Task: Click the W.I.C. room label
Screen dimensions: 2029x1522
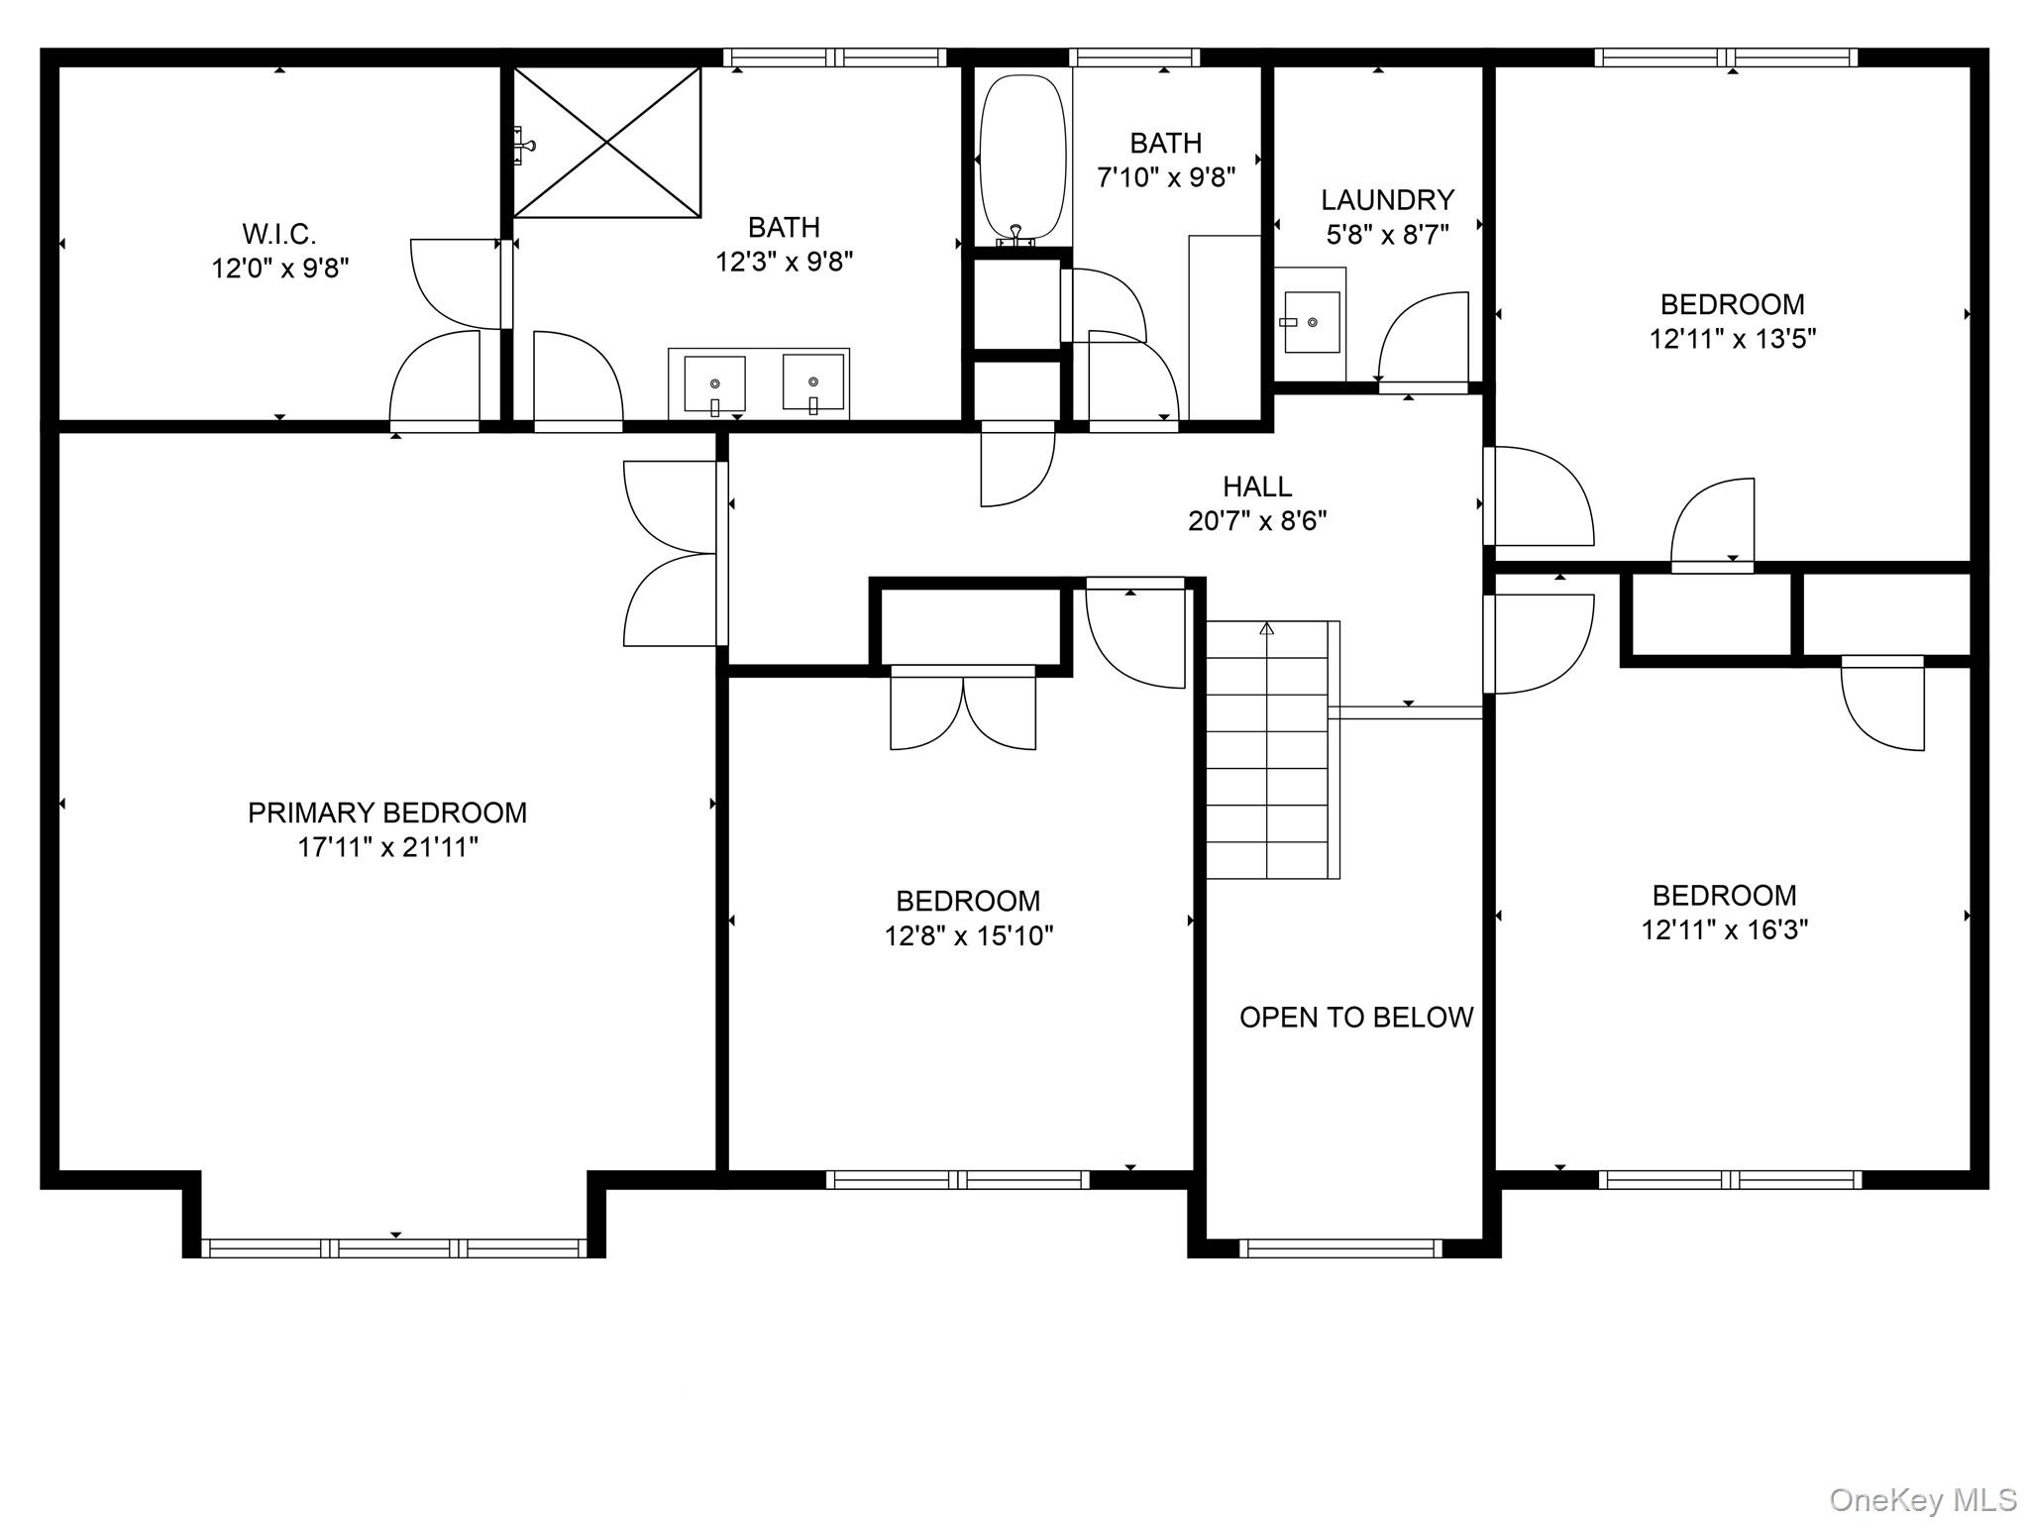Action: click(x=279, y=235)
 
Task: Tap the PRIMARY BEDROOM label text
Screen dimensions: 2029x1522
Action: click(x=387, y=814)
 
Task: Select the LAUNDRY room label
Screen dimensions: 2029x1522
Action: click(x=1387, y=200)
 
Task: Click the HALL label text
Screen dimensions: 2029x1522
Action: click(x=1257, y=487)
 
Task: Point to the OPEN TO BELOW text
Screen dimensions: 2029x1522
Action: click(x=1356, y=1018)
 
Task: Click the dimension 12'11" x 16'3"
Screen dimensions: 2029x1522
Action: click(x=1725, y=930)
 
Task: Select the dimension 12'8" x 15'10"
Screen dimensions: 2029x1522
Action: click(x=969, y=936)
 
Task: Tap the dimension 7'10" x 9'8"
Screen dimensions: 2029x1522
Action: click(x=1166, y=178)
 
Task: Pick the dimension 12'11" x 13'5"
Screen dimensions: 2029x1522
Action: click(x=1733, y=339)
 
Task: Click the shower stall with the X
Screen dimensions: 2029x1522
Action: click(x=606, y=142)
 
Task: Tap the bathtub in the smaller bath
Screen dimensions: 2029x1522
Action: click(x=1022, y=160)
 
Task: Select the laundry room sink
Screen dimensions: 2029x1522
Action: click(x=1311, y=322)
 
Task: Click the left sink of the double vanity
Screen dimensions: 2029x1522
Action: click(x=714, y=384)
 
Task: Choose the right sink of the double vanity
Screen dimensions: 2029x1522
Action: click(x=813, y=382)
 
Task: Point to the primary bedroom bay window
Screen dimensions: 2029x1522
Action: click(x=394, y=1248)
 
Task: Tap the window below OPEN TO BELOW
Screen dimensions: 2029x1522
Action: click(x=1340, y=1249)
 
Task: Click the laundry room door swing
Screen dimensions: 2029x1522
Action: click(x=1423, y=338)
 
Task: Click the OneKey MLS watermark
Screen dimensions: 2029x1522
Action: click(x=1923, y=1500)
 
